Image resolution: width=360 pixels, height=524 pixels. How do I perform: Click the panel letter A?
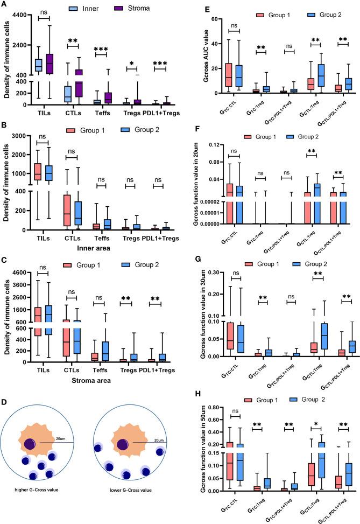(4, 4)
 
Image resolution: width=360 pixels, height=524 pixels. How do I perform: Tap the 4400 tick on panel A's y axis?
(23, 17)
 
